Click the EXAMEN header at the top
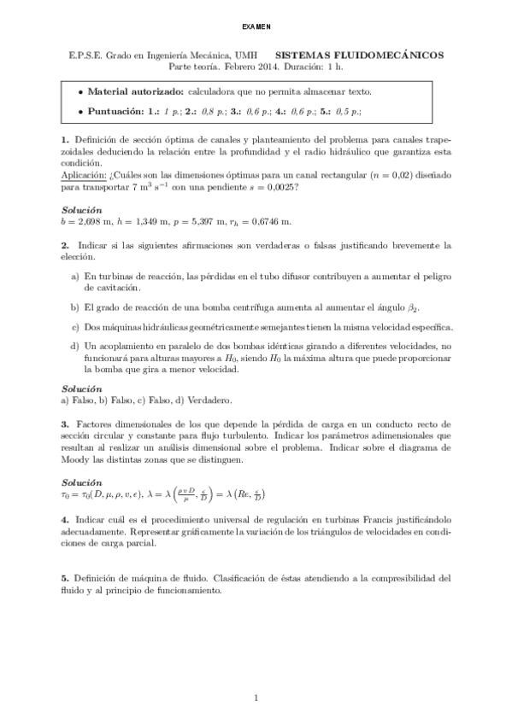[256, 26]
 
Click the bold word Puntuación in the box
[115, 111]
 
